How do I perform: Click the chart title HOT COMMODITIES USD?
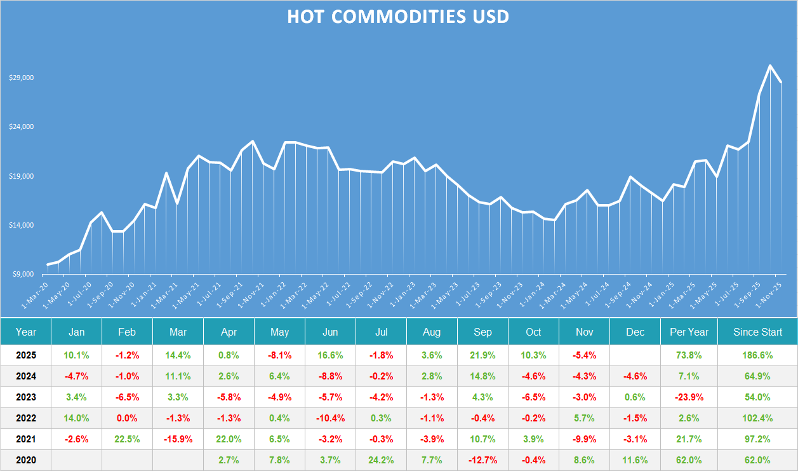pos(398,17)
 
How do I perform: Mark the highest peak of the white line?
pos(770,65)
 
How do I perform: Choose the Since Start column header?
pos(757,332)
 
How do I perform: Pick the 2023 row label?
pos(26,397)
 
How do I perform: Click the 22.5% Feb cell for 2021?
pos(128,439)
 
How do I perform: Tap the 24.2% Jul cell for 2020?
pos(381,460)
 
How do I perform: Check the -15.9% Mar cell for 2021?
pos(178,439)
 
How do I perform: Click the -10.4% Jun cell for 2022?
pos(330,418)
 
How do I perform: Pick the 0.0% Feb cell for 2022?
pos(128,418)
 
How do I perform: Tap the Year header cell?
pos(26,332)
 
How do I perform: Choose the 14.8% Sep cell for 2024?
pos(482,376)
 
